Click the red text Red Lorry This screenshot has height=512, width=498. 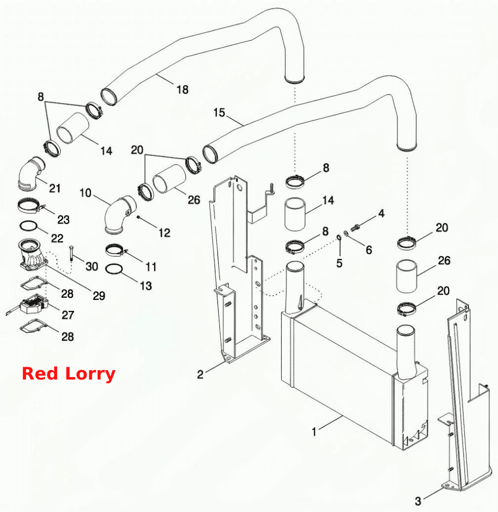coord(68,374)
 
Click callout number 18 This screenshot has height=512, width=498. coord(182,89)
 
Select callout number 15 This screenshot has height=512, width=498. coord(219,113)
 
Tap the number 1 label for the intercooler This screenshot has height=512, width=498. coord(314,431)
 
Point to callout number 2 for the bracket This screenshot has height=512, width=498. coord(200,374)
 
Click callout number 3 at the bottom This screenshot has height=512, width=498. coord(418,501)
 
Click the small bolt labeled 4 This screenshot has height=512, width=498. coord(355,227)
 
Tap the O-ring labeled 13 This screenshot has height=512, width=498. coord(114,268)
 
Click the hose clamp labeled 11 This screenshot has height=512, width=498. coord(116,250)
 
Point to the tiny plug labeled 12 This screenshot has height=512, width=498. coord(138,217)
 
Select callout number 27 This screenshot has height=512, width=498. coord(68,315)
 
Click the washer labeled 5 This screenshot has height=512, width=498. coord(339,237)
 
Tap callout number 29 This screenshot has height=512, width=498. coord(99,296)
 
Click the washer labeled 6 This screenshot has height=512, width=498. coord(346,232)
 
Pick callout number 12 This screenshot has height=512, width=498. coord(165,233)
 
